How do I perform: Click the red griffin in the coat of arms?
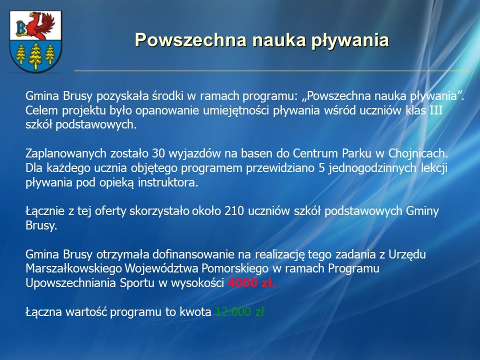click(x=40, y=25)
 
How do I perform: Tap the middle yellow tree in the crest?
click(x=35, y=55)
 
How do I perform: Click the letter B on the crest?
click(x=21, y=28)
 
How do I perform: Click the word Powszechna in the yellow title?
click(x=190, y=40)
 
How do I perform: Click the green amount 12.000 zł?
click(x=239, y=311)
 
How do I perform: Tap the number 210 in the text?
click(x=234, y=211)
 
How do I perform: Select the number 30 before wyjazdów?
click(x=158, y=153)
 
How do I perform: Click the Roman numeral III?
click(x=436, y=110)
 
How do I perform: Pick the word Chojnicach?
click(x=418, y=153)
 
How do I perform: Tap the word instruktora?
click(x=168, y=182)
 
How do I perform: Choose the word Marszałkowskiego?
click(x=74, y=268)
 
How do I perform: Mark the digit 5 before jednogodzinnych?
click(x=321, y=168)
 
